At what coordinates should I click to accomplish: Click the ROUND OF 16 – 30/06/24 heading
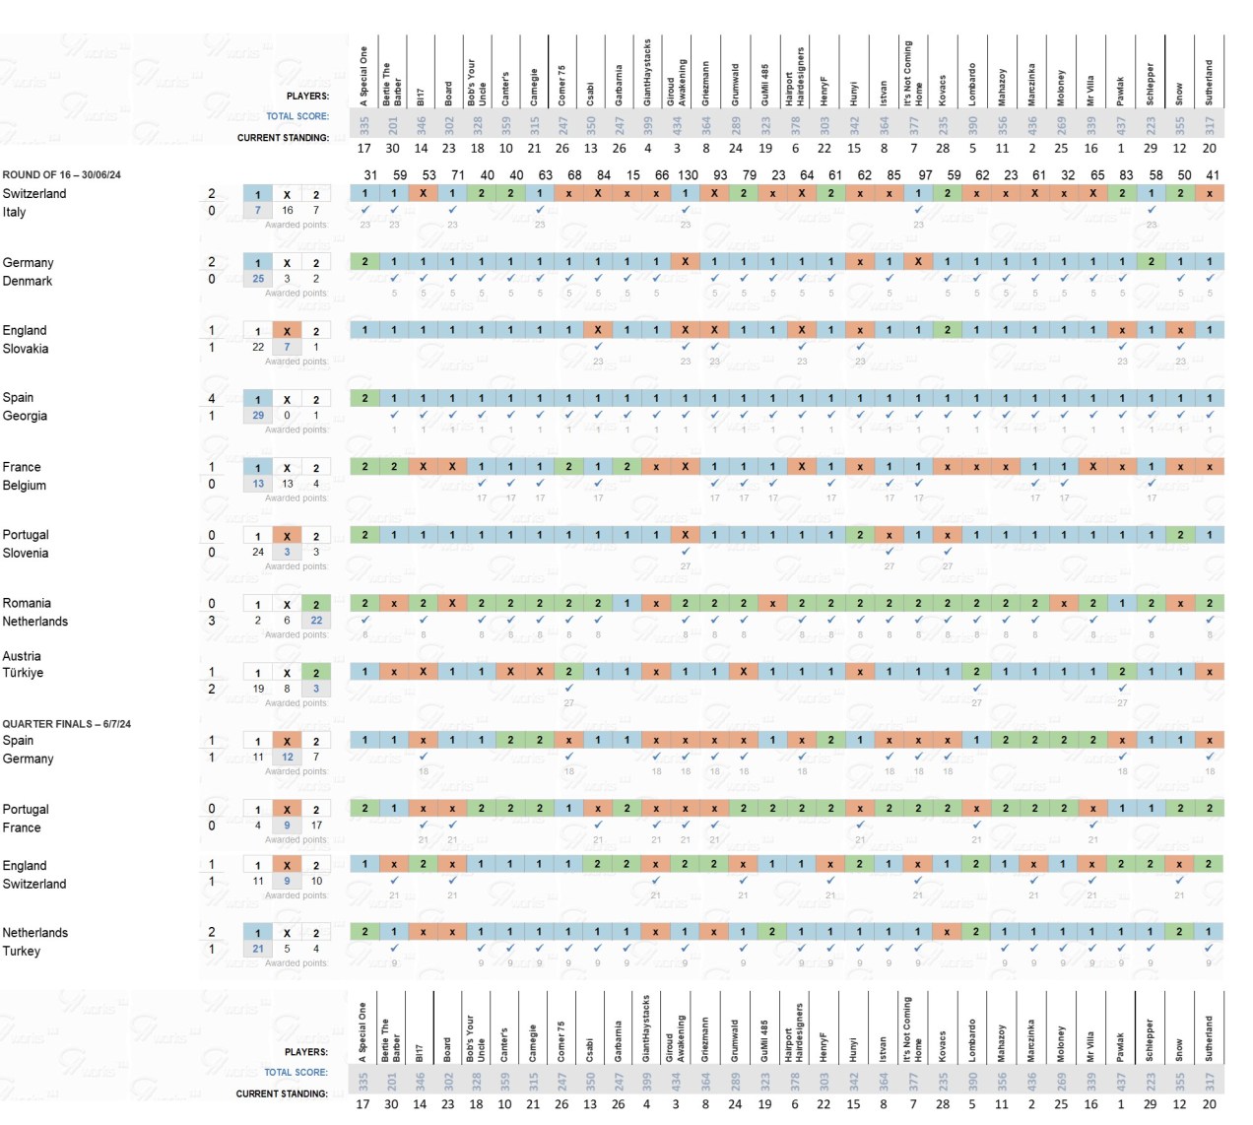click(61, 174)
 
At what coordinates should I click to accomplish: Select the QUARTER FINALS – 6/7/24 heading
click(66, 723)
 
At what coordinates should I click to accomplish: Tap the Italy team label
click(14, 212)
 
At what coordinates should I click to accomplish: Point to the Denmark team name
click(28, 281)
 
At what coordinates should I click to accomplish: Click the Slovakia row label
click(26, 349)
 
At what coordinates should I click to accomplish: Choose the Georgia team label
click(25, 416)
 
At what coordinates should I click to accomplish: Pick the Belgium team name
click(25, 485)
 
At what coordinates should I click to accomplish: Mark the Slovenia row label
click(26, 553)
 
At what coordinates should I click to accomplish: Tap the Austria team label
click(22, 656)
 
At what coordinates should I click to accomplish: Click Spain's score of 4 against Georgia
click(212, 398)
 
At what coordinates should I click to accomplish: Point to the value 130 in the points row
click(688, 174)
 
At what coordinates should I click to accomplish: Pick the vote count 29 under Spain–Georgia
click(258, 415)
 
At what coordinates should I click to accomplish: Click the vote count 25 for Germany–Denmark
click(258, 278)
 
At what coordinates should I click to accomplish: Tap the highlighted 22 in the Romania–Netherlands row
click(316, 620)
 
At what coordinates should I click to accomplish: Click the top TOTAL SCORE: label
click(297, 116)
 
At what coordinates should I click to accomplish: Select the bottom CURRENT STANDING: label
click(282, 1093)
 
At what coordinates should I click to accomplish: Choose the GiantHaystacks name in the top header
click(647, 72)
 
